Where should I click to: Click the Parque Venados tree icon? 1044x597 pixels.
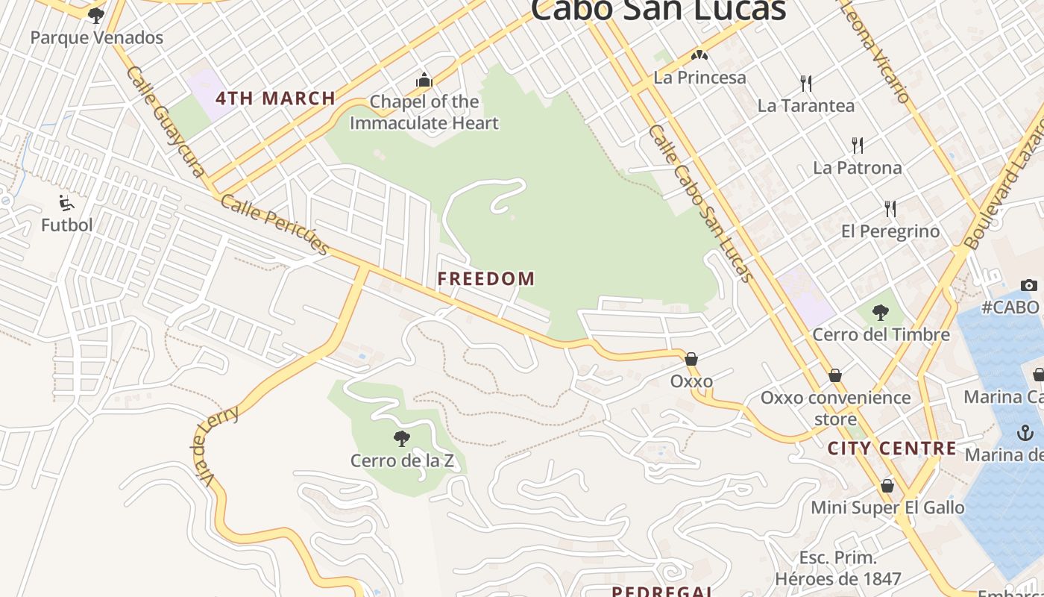pos(95,15)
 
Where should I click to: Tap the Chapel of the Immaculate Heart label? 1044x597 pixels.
pos(424,112)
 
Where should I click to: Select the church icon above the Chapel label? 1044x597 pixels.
pos(424,80)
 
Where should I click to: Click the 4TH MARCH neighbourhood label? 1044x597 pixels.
pos(275,98)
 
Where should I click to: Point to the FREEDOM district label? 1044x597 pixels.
pos(486,279)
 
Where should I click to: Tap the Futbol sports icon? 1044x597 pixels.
pos(66,202)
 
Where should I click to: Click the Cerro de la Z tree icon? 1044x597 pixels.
pos(402,438)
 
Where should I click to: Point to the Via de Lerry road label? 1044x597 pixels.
pos(216,445)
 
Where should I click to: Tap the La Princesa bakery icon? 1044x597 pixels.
pos(699,55)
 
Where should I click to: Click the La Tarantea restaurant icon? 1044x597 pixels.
pos(805,83)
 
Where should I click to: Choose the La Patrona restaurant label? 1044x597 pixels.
pos(858,167)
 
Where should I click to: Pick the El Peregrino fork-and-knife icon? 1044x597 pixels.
pos(890,208)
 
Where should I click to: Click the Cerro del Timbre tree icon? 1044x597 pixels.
pos(881,312)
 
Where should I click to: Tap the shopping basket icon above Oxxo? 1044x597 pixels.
pos(691,359)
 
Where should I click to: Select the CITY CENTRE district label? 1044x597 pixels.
pos(892,448)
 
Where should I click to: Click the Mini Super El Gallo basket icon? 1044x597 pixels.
pos(887,486)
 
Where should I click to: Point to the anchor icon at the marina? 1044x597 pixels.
pos(1026,432)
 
